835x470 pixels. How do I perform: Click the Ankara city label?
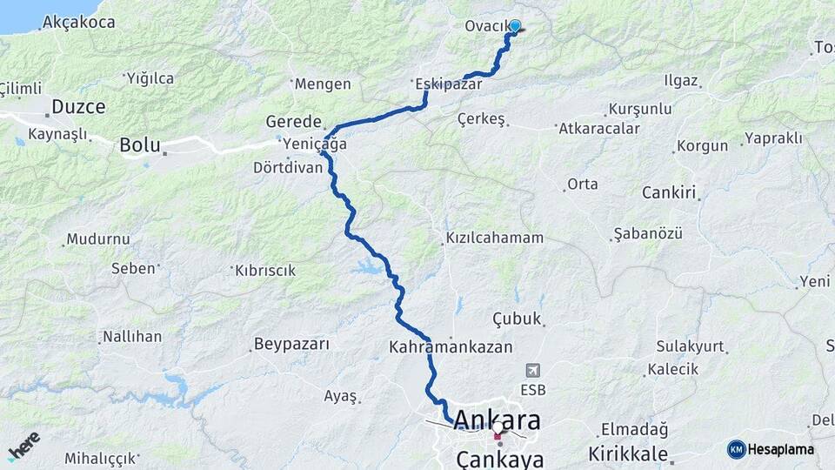[509, 421]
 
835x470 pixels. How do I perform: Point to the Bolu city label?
[141, 145]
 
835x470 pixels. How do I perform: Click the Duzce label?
[78, 107]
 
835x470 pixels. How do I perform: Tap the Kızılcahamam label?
[495, 238]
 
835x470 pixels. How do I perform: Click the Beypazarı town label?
[291, 344]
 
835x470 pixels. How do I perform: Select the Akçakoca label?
[78, 22]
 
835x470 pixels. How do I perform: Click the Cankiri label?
[669, 192]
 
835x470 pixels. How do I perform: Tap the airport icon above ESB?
[531, 371]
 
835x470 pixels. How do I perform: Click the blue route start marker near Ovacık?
[515, 27]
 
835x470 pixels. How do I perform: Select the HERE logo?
[23, 446]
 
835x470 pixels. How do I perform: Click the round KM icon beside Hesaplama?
[736, 449]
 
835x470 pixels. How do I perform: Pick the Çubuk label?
[518, 319]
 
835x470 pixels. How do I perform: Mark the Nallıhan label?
[132, 337]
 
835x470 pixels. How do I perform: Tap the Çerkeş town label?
[482, 119]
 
